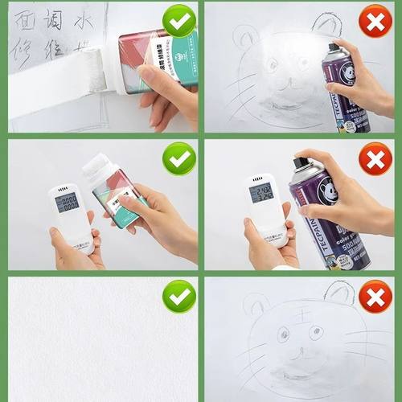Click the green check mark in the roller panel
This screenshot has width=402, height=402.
coord(178,21)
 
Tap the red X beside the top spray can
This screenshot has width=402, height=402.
coord(375,21)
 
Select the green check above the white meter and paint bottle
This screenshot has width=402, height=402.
coord(178,159)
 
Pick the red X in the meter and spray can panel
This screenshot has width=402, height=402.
coord(375,160)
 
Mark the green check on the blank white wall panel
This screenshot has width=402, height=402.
coord(178,297)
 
